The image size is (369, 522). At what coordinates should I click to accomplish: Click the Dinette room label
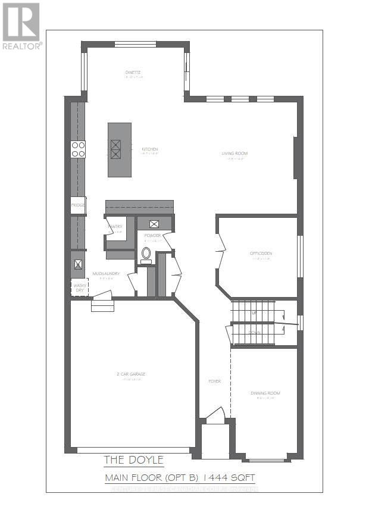pyautogui.click(x=133, y=73)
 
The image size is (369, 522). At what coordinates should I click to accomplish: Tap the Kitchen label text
pyautogui.click(x=149, y=149)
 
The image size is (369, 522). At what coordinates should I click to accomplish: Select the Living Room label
pyautogui.click(x=234, y=154)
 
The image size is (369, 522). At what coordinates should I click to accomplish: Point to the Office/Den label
pyautogui.click(x=261, y=254)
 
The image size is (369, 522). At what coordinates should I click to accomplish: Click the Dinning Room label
pyautogui.click(x=265, y=393)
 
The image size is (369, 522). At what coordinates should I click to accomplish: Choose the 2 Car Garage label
pyautogui.click(x=131, y=374)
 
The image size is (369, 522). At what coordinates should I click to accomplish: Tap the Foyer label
pyautogui.click(x=214, y=382)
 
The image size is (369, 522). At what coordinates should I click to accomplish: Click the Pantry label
pyautogui.click(x=115, y=227)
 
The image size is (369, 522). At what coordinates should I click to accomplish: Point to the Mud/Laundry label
pyautogui.click(x=107, y=274)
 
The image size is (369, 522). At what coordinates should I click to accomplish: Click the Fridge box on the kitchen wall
pyautogui.click(x=78, y=205)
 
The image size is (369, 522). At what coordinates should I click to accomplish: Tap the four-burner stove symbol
pyautogui.click(x=78, y=149)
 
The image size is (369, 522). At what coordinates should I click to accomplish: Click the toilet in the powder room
pyautogui.click(x=146, y=254)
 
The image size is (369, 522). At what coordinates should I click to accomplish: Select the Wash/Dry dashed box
pyautogui.click(x=79, y=287)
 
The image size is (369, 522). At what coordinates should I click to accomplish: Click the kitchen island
pyautogui.click(x=119, y=149)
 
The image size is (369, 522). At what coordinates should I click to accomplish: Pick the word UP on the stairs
pyautogui.click(x=254, y=312)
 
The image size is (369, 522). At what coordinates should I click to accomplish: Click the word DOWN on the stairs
pyautogui.click(x=254, y=332)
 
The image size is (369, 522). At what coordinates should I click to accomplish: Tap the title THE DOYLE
pyautogui.click(x=134, y=460)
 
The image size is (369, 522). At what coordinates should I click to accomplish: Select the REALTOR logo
pyautogui.click(x=21, y=27)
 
